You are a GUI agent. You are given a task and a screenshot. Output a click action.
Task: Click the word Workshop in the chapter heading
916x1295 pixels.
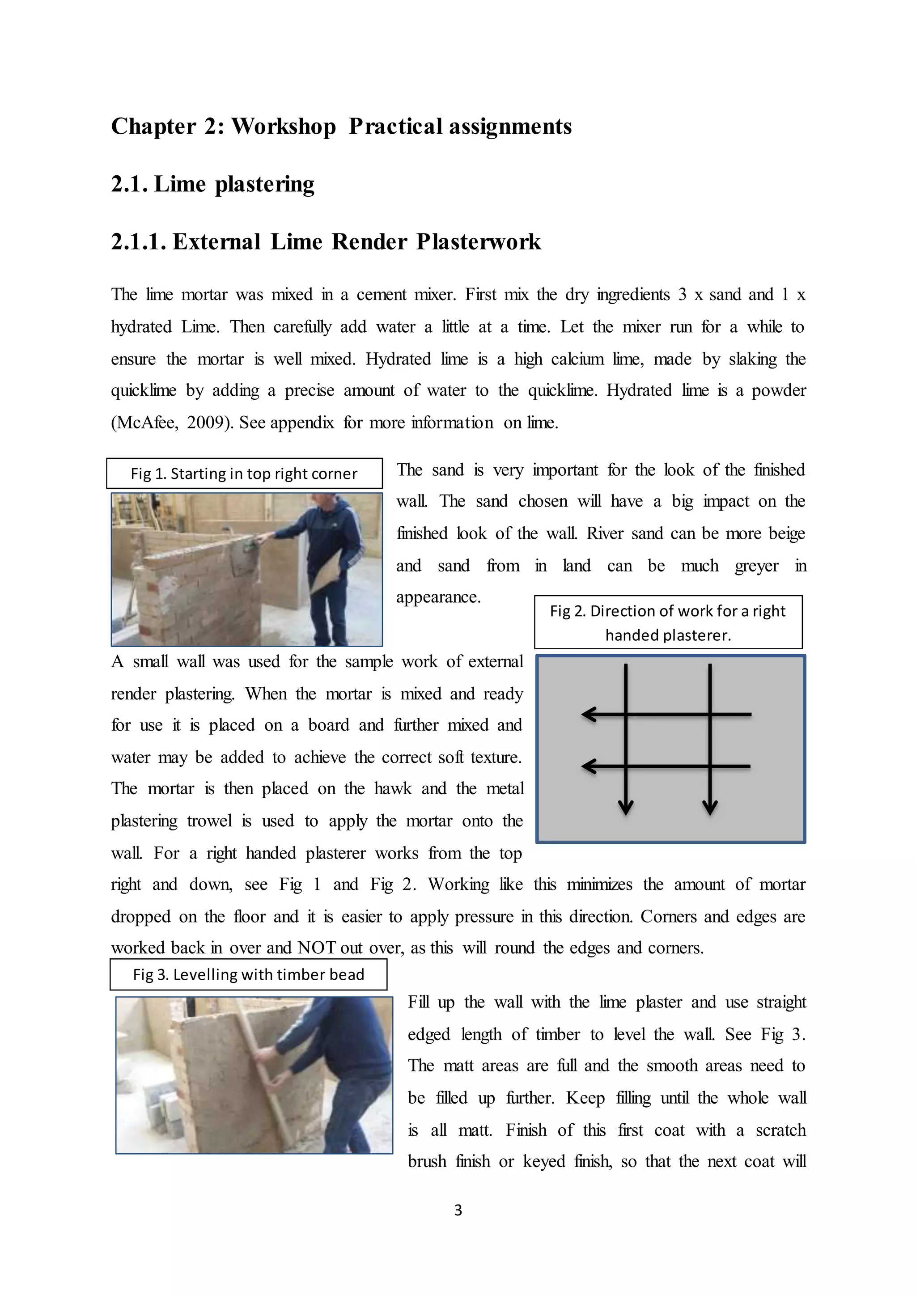point(284,127)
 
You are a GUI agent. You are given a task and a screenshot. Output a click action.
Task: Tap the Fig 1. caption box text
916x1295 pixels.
point(244,474)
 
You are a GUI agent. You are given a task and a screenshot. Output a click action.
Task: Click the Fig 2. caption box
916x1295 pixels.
point(668,623)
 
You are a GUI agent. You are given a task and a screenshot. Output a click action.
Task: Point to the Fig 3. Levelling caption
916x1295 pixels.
point(248,975)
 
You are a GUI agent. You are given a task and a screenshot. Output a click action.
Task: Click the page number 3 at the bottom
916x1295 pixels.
point(458,1210)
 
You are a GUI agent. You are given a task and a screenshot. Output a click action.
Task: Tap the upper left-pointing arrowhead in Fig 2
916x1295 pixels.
point(588,715)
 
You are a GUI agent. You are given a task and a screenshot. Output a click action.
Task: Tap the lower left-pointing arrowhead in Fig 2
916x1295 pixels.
point(588,766)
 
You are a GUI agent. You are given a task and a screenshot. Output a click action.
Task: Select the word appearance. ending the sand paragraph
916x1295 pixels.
point(438,597)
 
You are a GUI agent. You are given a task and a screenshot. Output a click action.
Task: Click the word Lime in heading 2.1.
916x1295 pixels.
point(180,184)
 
